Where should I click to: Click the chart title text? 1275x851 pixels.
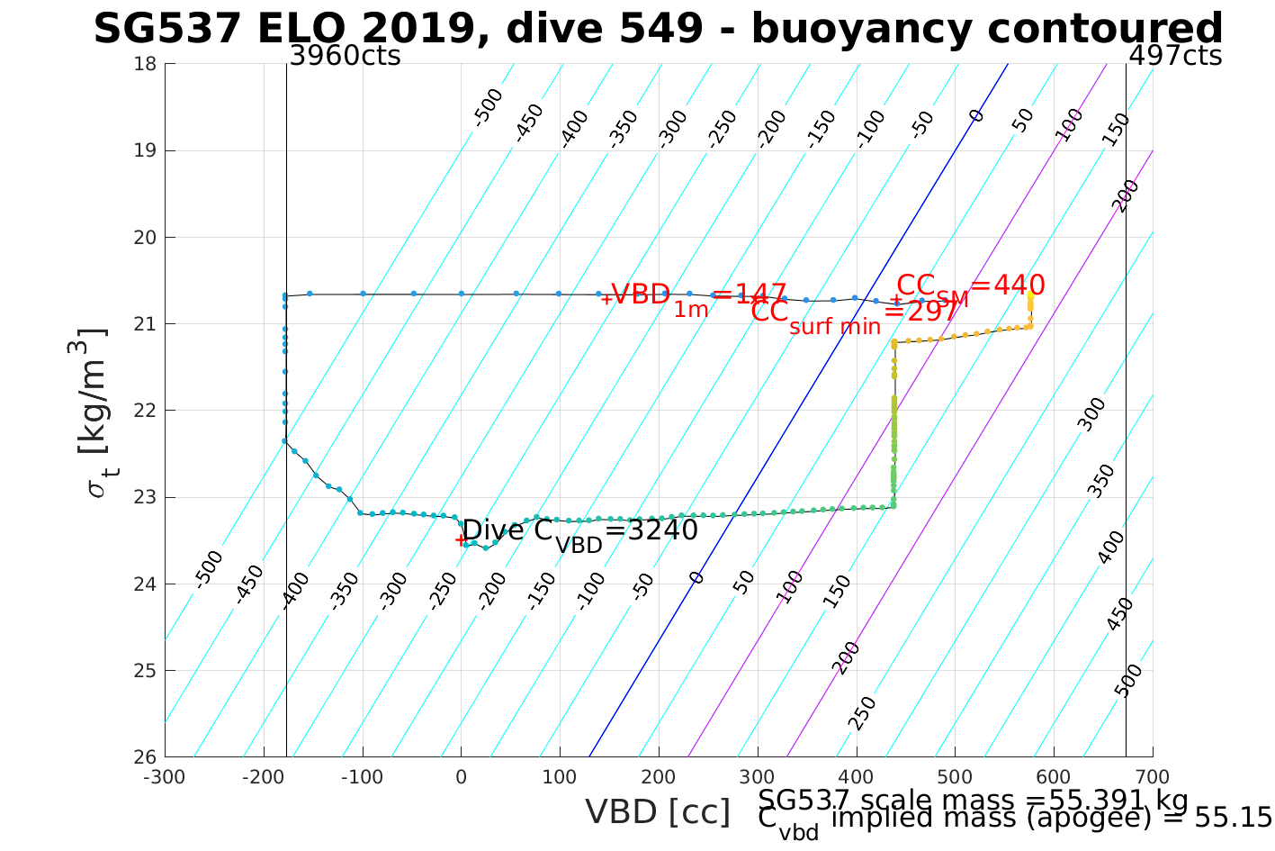click(658, 29)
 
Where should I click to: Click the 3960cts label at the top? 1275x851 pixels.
click(345, 56)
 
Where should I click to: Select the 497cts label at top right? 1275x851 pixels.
click(1175, 56)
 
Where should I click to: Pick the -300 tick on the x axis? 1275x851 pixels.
click(165, 777)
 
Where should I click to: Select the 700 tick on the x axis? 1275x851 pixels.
click(1153, 777)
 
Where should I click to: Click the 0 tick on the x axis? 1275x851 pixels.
click(461, 777)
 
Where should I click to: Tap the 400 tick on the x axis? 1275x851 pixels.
click(856, 777)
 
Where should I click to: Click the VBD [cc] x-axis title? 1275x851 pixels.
click(658, 812)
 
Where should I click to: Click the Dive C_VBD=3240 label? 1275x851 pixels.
click(579, 532)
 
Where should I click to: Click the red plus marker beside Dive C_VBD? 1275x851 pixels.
click(460, 540)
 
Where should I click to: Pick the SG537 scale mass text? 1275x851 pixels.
click(973, 800)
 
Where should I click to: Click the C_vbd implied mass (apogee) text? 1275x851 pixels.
click(1014, 819)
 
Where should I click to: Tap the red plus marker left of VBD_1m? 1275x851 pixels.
click(606, 298)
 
